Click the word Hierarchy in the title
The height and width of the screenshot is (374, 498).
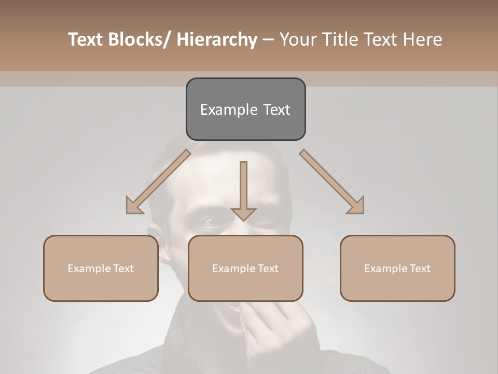click(216, 39)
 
